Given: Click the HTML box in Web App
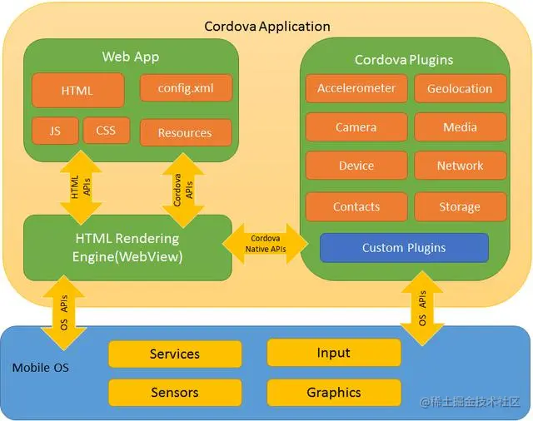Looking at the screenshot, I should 77,91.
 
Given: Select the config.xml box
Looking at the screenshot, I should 185,88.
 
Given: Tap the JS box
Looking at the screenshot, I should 55,131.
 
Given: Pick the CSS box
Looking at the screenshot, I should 106,131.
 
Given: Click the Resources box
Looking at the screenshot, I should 185,132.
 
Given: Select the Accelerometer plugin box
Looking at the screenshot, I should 356,89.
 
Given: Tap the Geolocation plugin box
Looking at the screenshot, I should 460,89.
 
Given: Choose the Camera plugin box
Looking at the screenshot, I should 356,127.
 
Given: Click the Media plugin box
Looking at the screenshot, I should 460,127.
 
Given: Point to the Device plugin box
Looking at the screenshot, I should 356,166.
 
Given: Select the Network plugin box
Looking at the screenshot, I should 460,166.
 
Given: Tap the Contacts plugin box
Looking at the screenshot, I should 356,206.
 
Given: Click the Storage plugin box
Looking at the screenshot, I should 460,206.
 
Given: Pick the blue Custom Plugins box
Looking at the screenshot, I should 404,248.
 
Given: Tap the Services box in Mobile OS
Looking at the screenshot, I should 175,354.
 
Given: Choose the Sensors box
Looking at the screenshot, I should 175,392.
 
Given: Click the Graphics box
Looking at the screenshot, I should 333,392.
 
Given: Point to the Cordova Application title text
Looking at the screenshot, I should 267,26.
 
